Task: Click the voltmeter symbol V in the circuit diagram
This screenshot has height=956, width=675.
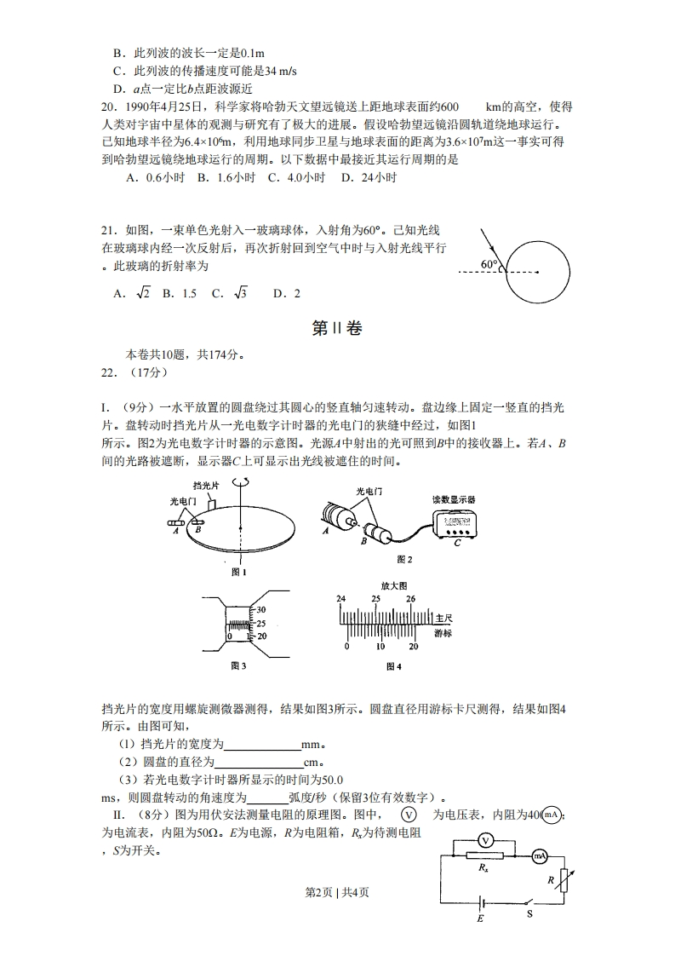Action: pos(485,840)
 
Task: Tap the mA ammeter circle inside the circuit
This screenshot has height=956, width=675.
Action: pos(539,855)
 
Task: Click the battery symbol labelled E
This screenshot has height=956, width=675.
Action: pos(481,903)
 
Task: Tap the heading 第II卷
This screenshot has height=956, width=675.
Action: pos(337,328)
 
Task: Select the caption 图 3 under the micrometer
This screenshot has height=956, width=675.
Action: pos(238,665)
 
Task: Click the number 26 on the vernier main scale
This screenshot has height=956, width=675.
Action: pos(410,600)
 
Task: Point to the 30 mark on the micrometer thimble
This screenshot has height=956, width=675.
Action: pos(261,609)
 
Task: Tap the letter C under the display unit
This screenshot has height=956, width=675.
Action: pos(457,543)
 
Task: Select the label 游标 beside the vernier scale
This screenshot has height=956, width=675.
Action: pos(443,634)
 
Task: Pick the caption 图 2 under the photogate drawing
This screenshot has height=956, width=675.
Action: pos(404,560)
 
